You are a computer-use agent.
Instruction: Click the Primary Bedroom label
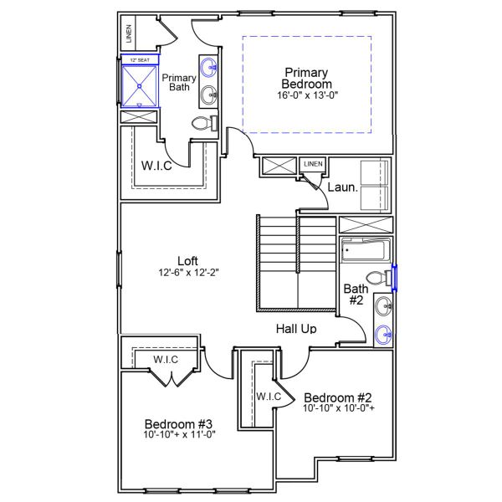click(x=307, y=78)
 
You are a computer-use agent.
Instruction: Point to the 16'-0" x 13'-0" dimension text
click(x=307, y=95)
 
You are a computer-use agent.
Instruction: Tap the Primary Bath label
click(x=178, y=82)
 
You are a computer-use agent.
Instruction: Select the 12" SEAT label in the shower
click(x=139, y=60)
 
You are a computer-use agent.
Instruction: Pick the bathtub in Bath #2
click(x=365, y=250)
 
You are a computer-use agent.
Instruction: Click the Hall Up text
click(x=296, y=329)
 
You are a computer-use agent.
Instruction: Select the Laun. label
click(x=342, y=187)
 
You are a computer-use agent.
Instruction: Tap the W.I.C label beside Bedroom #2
click(x=268, y=396)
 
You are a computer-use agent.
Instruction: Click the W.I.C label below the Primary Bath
click(x=156, y=165)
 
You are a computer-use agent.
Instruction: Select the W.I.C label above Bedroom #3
click(x=165, y=360)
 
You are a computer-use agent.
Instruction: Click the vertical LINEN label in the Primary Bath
click(x=129, y=35)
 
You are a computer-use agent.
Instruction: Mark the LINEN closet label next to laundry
click(x=313, y=164)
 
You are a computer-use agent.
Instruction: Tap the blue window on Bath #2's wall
click(x=395, y=277)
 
